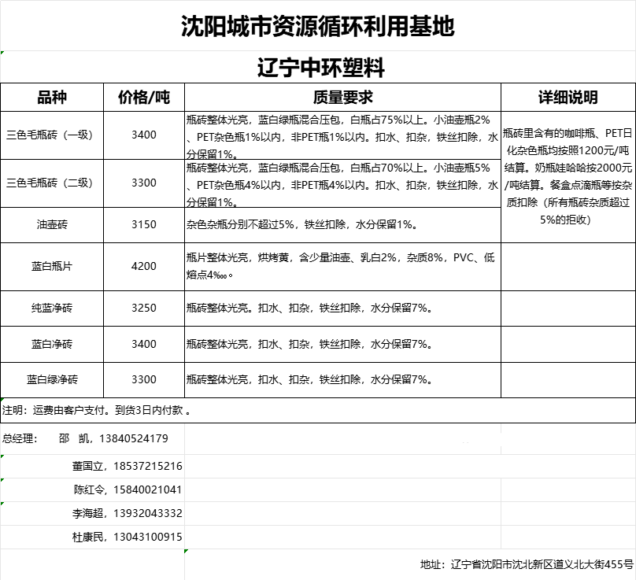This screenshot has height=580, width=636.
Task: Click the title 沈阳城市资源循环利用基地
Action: [x=317, y=28]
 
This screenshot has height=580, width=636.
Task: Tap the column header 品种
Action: [x=52, y=98]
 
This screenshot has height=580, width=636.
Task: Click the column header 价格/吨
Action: [x=144, y=98]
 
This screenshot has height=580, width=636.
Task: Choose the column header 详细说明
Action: [x=568, y=98]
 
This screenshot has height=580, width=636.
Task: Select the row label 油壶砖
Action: [x=52, y=224]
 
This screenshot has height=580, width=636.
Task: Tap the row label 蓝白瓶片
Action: [x=52, y=267]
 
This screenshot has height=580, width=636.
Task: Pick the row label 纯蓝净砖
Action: [x=52, y=308]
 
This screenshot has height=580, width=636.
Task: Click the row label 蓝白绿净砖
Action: [x=52, y=379]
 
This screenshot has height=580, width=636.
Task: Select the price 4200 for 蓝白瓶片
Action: [x=144, y=267]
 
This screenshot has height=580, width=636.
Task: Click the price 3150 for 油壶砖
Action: [x=144, y=224]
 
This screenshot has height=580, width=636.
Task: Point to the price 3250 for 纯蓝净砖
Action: [x=144, y=308]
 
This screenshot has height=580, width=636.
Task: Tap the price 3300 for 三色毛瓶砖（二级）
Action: [x=144, y=183]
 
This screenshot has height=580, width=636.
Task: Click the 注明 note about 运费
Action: [x=96, y=410]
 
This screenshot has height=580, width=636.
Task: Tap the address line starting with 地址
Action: [x=527, y=564]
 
